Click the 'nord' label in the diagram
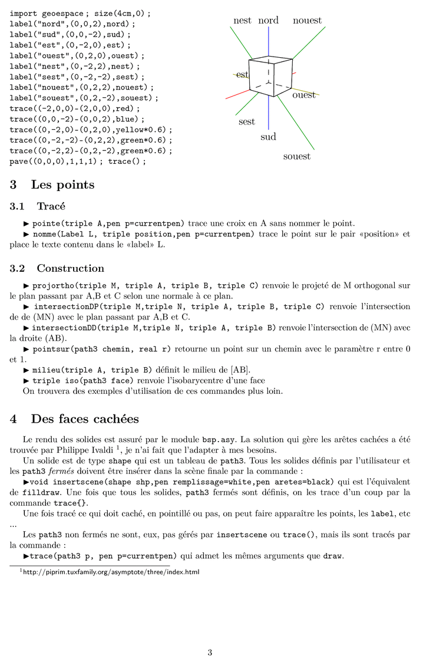point(269,21)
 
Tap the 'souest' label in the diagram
point(296,157)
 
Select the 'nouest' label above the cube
point(307,21)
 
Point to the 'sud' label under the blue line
point(268,137)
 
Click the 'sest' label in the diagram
point(246,122)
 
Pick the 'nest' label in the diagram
point(242,21)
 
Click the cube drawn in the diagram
point(270,77)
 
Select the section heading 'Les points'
point(62,185)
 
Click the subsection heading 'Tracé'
point(51,207)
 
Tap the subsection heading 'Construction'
point(70,269)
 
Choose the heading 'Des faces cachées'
point(85,419)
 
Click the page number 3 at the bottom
point(210,652)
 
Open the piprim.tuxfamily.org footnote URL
point(111,572)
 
